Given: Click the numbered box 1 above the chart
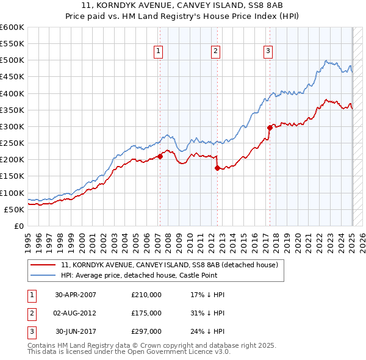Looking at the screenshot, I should coord(158,52).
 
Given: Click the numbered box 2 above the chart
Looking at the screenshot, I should coord(216,52).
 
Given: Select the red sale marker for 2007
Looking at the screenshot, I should coord(160,156).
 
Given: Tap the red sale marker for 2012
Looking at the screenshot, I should coord(217,168).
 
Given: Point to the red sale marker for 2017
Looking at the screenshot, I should coord(270,128).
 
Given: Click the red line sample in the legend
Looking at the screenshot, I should coord(43,265).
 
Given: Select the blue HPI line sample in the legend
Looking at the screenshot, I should coord(43,276).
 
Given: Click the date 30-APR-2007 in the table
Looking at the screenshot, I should coord(76,295).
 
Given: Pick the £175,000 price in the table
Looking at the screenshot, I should coord(146,313).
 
